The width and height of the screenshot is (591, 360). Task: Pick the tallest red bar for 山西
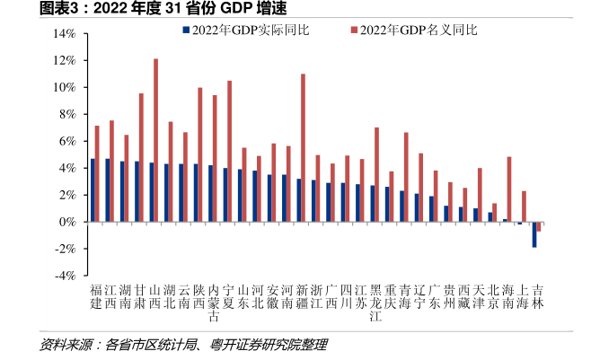point(155,140)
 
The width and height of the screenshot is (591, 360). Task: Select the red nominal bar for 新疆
point(303,148)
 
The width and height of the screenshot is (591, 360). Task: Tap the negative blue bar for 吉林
point(534,234)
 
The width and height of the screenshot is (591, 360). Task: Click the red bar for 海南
point(509,189)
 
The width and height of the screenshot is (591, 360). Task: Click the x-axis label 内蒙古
point(214,303)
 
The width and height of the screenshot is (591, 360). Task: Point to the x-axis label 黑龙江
point(375,303)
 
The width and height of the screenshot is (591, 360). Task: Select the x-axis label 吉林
point(537,297)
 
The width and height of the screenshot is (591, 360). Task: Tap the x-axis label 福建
point(96,297)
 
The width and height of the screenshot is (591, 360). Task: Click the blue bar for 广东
point(431,209)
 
